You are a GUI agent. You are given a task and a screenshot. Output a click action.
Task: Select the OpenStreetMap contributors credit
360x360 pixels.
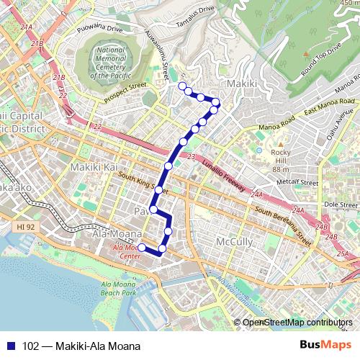click(x=297, y=322)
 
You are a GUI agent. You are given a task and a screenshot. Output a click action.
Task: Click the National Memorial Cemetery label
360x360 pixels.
click(x=110, y=63)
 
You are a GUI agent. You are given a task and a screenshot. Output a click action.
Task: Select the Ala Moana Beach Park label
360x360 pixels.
click(x=119, y=289)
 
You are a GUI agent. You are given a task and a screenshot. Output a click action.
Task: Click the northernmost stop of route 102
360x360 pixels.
click(x=181, y=86)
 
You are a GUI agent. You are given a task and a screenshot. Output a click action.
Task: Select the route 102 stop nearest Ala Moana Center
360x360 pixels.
click(x=142, y=248)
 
